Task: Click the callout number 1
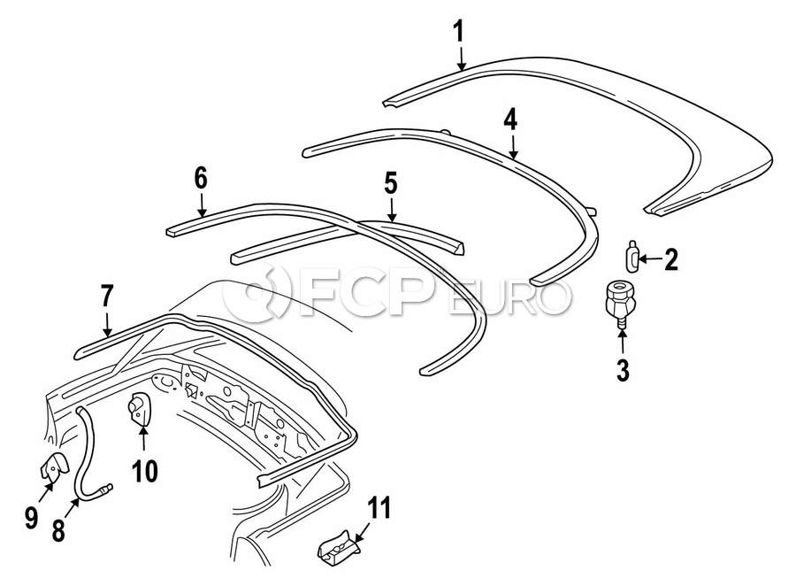[458, 32]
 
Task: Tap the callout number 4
[510, 120]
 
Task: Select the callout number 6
[201, 179]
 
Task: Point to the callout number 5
[390, 183]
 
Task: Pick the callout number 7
[107, 297]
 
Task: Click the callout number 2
[671, 259]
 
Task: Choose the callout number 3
[623, 370]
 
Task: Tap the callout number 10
[145, 471]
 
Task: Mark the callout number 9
[32, 517]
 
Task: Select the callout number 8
[58, 530]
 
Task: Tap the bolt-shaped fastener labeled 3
[620, 303]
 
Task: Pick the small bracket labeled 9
[54, 466]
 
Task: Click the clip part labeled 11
[339, 550]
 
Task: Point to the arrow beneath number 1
[461, 58]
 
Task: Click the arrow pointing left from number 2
[651, 259]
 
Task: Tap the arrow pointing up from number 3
[623, 342]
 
